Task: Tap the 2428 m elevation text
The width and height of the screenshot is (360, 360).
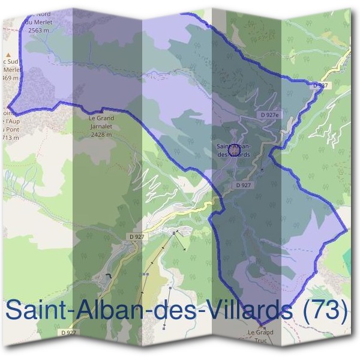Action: pyautogui.click(x=100, y=136)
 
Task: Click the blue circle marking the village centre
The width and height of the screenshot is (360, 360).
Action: pyautogui.click(x=234, y=143)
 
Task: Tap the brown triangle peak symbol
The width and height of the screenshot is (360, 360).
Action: pyautogui.click(x=8, y=54)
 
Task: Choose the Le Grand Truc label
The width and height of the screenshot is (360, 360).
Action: pyautogui.click(x=260, y=332)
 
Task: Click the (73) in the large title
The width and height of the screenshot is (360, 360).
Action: pyautogui.click(x=325, y=310)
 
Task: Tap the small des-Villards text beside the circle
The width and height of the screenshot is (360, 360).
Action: pyautogui.click(x=234, y=154)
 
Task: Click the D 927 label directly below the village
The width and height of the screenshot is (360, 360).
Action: pyautogui.click(x=243, y=185)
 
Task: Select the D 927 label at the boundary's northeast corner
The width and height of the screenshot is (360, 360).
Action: pyautogui.click(x=321, y=86)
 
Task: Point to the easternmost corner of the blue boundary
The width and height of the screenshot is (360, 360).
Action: pyautogui.click(x=347, y=229)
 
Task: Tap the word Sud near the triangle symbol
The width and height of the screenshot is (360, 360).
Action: pyautogui.click(x=13, y=62)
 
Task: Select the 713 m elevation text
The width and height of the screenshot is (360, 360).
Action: pyautogui.click(x=10, y=137)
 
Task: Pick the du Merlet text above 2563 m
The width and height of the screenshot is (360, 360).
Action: pyautogui.click(x=38, y=22)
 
